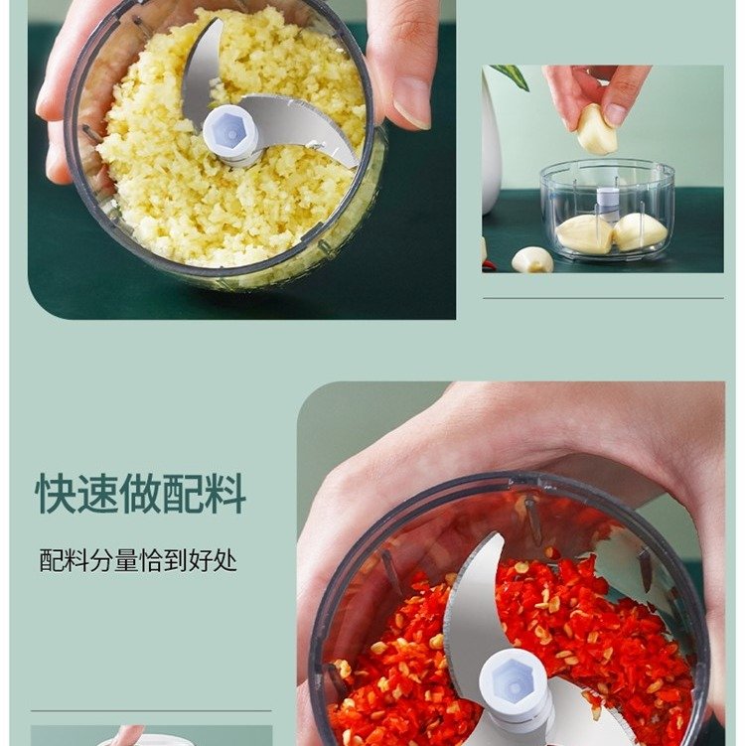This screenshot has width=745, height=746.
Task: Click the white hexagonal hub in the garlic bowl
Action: point(231,135)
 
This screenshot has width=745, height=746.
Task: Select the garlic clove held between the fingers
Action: point(597,130)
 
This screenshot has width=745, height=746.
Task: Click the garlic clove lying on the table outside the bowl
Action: point(531,260)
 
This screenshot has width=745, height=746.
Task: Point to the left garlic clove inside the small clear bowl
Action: point(584,233)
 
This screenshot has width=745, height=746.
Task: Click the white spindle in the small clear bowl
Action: point(607,203)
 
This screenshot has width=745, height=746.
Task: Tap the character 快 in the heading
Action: point(56,494)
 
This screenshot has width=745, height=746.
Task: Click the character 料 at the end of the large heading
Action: point(225,494)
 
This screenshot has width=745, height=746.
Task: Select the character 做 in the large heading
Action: point(140,494)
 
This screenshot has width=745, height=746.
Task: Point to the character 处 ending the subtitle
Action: point(225,560)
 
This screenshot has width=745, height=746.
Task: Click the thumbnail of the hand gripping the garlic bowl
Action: point(241,159)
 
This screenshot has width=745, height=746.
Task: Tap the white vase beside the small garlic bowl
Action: point(491,143)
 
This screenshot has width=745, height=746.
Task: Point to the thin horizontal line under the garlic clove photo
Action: point(603,298)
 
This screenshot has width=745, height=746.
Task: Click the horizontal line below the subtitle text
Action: point(151,711)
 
